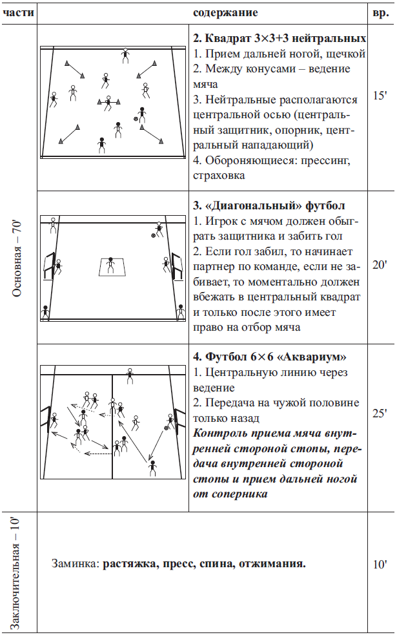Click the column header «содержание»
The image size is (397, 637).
click(x=225, y=12)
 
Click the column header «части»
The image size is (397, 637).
click(x=19, y=12)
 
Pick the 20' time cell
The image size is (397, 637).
click(x=380, y=264)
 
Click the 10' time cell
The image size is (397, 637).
click(x=380, y=564)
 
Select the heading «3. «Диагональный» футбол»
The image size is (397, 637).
click(x=269, y=206)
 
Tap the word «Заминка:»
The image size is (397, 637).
click(x=74, y=564)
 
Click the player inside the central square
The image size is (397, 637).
click(x=110, y=264)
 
